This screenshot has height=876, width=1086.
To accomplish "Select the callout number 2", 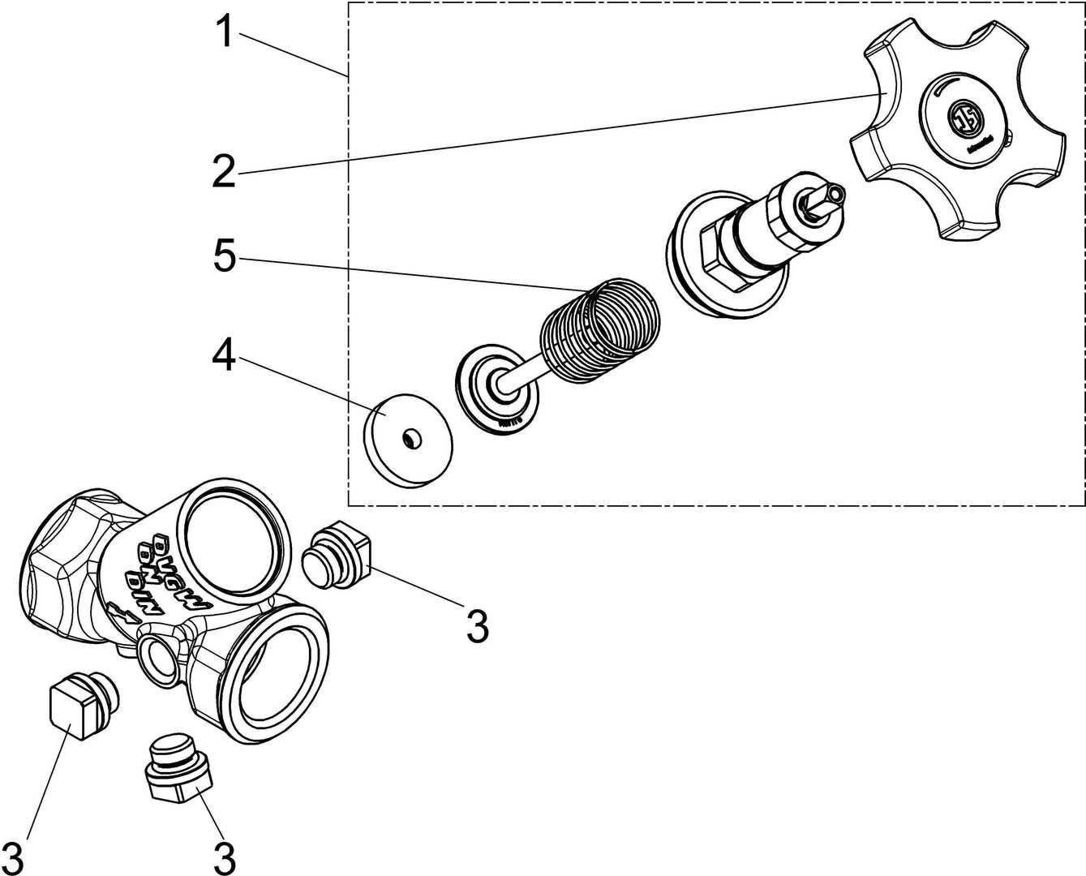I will [x=224, y=170].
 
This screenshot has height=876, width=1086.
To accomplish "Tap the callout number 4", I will [x=224, y=354].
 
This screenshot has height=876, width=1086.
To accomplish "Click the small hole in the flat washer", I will [x=412, y=439].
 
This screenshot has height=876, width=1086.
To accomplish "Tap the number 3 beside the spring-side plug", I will [x=478, y=625].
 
